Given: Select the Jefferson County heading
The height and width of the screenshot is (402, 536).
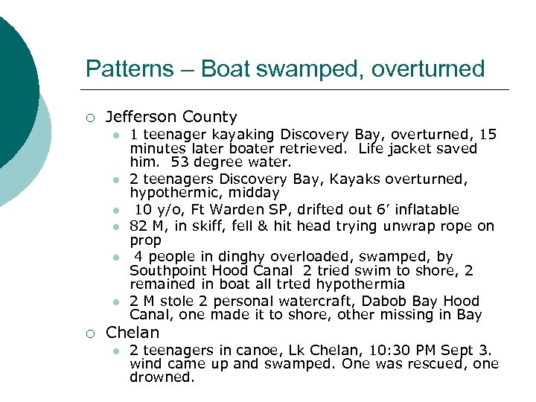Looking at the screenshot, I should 171,117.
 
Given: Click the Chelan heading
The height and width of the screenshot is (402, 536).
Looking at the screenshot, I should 133,332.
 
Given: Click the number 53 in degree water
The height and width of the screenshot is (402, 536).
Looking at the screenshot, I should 179,162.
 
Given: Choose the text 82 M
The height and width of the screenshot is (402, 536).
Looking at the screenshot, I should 147,226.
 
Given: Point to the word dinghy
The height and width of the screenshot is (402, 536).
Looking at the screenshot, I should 237,257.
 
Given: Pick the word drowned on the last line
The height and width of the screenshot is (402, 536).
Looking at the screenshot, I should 162,377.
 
